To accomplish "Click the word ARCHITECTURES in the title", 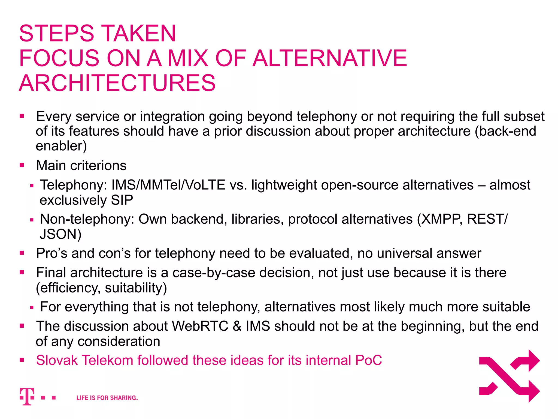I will [x=117, y=83].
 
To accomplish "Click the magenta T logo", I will [x=27, y=396].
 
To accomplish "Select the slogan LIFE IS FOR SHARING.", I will [x=107, y=398].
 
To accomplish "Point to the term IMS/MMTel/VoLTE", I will [x=168, y=185].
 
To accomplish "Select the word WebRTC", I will [x=200, y=326].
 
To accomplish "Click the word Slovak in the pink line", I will [x=57, y=360].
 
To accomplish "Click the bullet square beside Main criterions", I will [x=22, y=165].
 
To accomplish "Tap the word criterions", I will [x=98, y=166].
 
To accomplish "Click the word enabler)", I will [x=61, y=146].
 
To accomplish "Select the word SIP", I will [x=122, y=200].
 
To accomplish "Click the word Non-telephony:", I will [x=87, y=219].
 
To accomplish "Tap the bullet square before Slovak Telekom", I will [x=22, y=360].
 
